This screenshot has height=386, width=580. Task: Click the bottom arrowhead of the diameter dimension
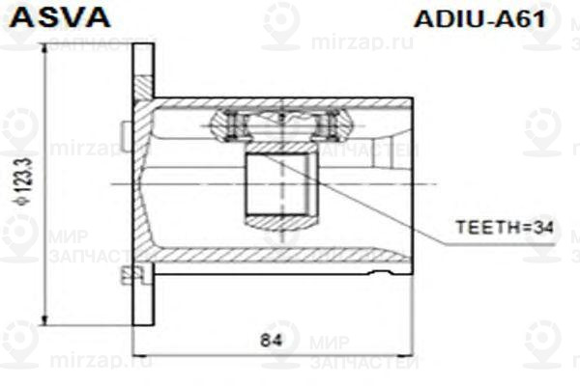pyautogui.click(x=45, y=322)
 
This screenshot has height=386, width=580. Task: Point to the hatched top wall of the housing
pyautogui.click(x=280, y=101)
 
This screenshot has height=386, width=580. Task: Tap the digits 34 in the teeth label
pyautogui.click(x=547, y=229)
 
